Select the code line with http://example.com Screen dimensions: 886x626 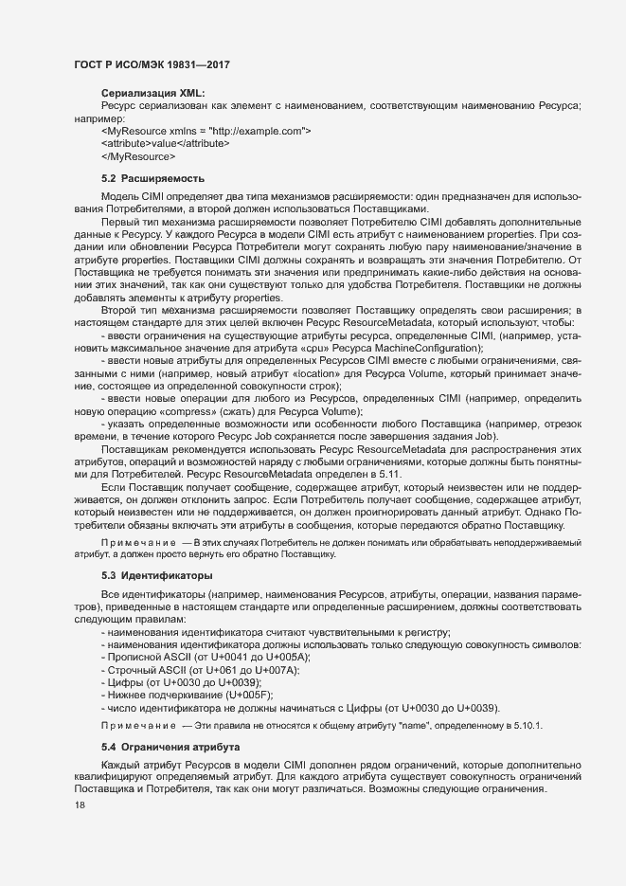tap(206, 130)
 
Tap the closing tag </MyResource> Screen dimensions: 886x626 tap(137, 154)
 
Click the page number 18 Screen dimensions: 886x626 tap(79, 805)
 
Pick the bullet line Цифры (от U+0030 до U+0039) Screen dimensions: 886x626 tap(180, 682)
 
